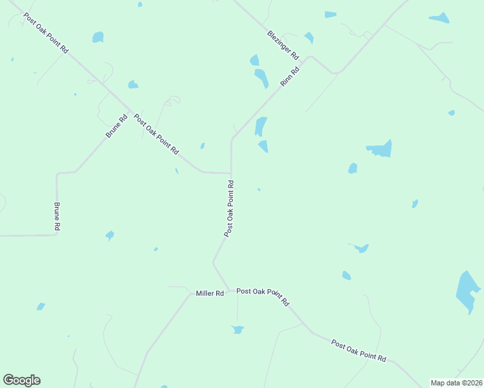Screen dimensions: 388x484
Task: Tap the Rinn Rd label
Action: click(x=289, y=77)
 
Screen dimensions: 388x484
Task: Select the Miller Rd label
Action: click(x=210, y=294)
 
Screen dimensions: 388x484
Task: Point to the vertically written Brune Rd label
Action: click(x=57, y=217)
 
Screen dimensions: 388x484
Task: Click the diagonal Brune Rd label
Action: click(x=117, y=126)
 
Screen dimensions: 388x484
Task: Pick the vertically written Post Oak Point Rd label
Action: click(x=229, y=209)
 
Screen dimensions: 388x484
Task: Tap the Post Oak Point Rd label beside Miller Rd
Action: click(x=263, y=296)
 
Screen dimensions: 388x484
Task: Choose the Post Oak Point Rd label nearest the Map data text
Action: click(x=358, y=350)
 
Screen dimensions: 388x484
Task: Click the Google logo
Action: click(x=21, y=380)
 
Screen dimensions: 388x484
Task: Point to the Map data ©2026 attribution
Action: click(x=456, y=383)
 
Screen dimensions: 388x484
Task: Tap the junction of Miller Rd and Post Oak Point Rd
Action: click(x=228, y=290)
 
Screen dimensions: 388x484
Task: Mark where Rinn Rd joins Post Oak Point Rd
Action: click(x=231, y=173)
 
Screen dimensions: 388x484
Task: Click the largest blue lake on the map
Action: click(x=468, y=292)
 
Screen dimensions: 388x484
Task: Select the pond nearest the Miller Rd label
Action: click(x=237, y=329)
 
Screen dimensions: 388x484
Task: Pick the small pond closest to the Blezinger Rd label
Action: click(x=309, y=38)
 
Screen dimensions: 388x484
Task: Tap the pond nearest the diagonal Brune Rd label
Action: click(x=133, y=84)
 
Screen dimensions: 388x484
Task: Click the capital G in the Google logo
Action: click(x=8, y=380)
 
